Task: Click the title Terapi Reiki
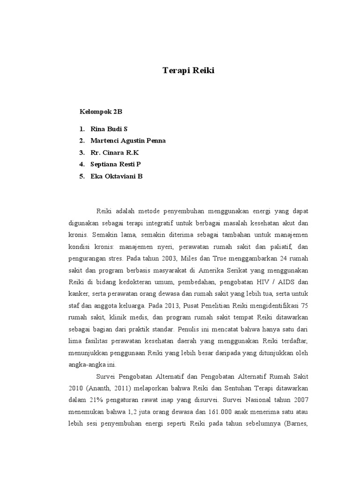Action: coord(184,71)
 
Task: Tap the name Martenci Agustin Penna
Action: coord(128,141)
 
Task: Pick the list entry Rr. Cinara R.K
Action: coord(115,153)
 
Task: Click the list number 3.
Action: coord(82,153)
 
